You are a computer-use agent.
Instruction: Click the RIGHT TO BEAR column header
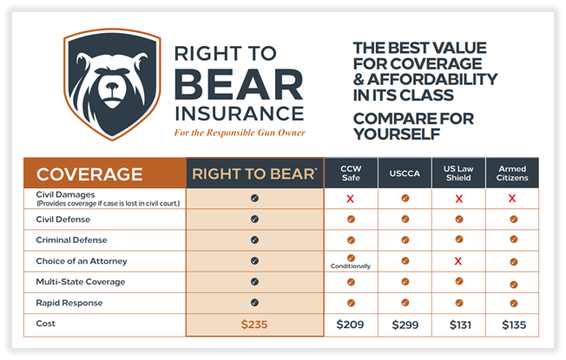tap(254, 173)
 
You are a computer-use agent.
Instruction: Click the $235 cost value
tap(254, 324)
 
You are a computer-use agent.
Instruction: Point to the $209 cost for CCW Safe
tap(351, 324)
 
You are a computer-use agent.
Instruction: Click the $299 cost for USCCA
tap(405, 324)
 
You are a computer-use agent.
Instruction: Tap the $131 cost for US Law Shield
tap(457, 324)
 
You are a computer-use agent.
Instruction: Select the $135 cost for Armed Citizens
tap(512, 324)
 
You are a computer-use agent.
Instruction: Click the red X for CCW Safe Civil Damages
tap(351, 199)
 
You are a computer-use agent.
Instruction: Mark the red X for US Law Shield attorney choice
tap(457, 261)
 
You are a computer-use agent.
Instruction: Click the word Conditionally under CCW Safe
tap(351, 266)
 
